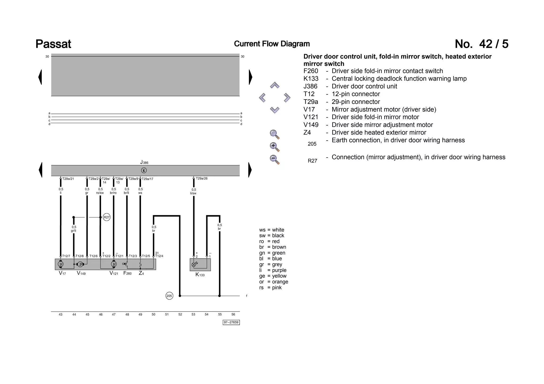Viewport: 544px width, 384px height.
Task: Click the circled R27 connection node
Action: [x=107, y=217]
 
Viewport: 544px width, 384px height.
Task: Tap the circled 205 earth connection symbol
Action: [x=169, y=296]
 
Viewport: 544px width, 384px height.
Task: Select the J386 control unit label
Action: [x=144, y=162]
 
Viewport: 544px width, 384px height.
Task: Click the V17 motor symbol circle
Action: [x=61, y=264]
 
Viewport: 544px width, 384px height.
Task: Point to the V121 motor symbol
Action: [x=114, y=264]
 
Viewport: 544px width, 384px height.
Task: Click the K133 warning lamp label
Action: [x=200, y=275]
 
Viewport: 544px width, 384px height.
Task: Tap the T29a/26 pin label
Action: [x=202, y=178]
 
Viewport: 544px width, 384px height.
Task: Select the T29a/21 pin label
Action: [x=68, y=179]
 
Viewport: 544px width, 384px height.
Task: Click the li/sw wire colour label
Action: [x=193, y=193]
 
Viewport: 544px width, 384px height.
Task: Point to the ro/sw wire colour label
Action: [x=100, y=193]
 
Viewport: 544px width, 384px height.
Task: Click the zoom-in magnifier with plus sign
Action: [x=274, y=146]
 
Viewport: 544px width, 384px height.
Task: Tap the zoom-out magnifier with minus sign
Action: [x=274, y=159]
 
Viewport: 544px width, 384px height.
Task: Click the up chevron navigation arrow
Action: [x=274, y=85]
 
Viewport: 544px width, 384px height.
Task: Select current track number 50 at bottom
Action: [x=154, y=314]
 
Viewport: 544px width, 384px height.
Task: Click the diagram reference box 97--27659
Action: [x=231, y=322]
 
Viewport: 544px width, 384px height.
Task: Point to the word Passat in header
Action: [x=53, y=44]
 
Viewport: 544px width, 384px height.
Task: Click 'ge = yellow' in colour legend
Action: [x=273, y=276]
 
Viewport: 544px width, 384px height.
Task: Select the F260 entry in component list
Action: [x=311, y=71]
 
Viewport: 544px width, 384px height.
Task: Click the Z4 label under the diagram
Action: [x=141, y=273]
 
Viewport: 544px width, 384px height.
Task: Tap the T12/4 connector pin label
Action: [x=159, y=256]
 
